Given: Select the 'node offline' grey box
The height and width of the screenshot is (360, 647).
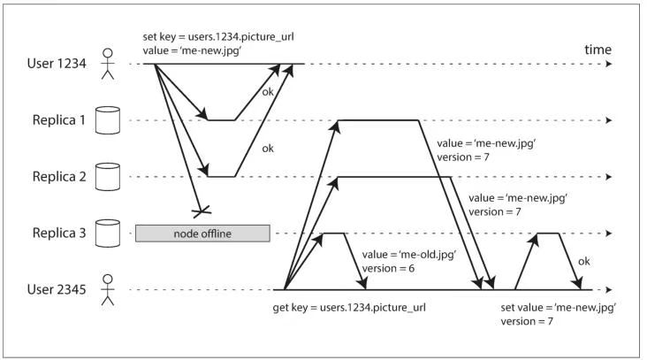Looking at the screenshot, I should [202, 234].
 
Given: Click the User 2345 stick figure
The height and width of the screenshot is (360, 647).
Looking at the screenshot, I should [108, 289].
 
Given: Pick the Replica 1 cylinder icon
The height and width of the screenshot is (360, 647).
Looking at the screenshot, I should [108, 120].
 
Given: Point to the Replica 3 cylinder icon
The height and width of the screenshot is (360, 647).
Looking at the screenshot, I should [108, 233].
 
